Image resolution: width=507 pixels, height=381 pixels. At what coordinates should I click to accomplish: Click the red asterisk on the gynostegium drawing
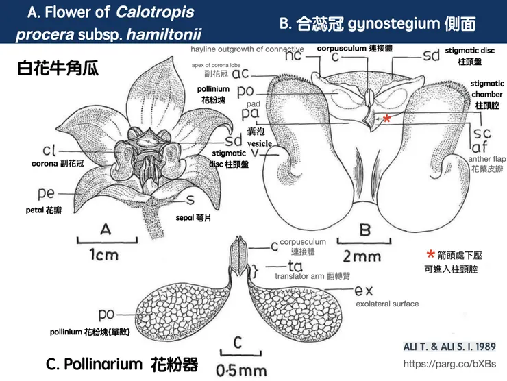pyautogui.click(x=387, y=119)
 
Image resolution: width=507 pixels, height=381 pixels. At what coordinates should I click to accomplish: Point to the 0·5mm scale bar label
pyautogui.click(x=240, y=371)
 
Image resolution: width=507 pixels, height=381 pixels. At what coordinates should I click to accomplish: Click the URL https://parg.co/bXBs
pyautogui.click(x=449, y=364)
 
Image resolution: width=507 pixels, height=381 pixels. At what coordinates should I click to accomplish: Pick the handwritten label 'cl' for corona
pyautogui.click(x=48, y=151)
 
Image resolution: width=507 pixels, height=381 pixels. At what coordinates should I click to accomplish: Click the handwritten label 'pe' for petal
pyautogui.click(x=47, y=194)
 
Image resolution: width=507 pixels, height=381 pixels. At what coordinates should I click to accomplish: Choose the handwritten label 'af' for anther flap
pyautogui.click(x=478, y=146)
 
